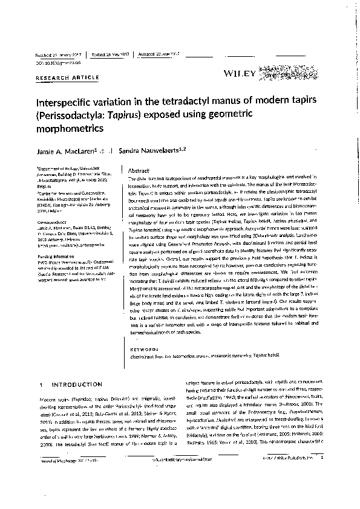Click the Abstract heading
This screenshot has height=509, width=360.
139,171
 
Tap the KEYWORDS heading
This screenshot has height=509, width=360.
145,349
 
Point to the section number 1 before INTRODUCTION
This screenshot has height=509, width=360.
41,384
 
